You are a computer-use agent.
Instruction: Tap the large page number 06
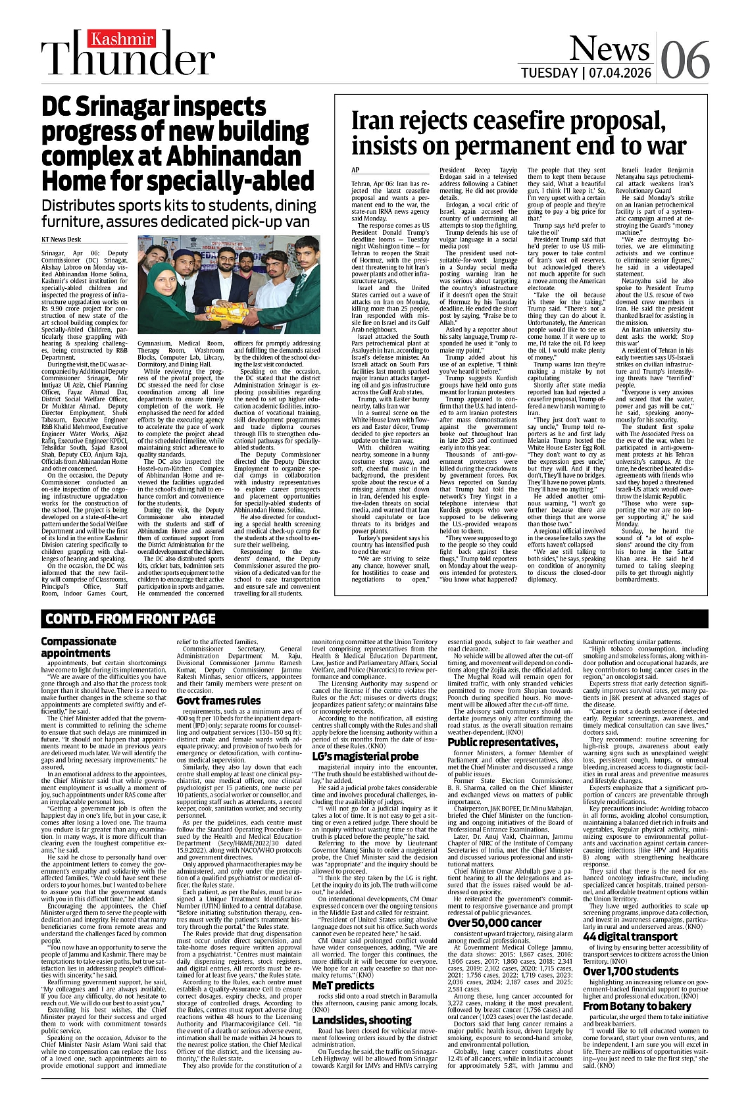click(684, 60)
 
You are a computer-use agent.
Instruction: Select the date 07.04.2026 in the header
click(618, 72)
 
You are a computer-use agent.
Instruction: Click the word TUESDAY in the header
click(549, 72)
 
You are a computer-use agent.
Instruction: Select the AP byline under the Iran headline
click(356, 170)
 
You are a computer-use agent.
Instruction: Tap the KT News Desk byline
click(61, 240)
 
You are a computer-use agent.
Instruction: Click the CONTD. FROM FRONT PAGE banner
click(130, 618)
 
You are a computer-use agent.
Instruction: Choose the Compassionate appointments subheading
click(78, 647)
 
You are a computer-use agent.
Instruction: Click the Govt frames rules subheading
click(218, 701)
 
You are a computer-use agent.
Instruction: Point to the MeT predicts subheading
click(343, 986)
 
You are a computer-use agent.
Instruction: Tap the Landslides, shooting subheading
click(361, 1020)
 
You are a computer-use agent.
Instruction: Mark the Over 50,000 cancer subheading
click(495, 923)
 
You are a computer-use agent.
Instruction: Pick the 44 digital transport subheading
click(630, 937)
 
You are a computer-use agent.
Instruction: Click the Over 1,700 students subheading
click(630, 972)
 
